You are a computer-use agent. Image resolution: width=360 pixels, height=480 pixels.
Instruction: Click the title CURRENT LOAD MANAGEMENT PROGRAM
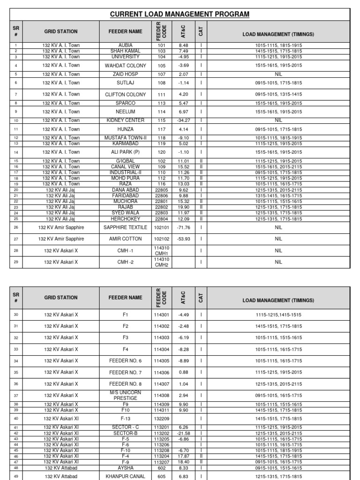pos(180,15)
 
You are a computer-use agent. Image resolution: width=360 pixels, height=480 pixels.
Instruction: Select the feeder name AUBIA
pos(125,45)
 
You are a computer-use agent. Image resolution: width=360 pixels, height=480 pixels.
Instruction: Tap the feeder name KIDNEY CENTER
pos(125,120)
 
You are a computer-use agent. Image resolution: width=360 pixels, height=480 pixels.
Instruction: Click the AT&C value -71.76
pos(183,227)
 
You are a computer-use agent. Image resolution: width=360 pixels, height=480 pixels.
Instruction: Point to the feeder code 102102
pos(161,239)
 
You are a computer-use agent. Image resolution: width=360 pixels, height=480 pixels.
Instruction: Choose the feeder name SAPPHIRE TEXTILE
pos(125,227)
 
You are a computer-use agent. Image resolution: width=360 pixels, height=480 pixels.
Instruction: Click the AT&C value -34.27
pos(183,120)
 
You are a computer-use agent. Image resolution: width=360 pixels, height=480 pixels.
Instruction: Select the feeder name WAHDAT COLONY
pos(125,66)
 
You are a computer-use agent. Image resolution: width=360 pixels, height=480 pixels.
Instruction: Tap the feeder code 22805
pos(161,190)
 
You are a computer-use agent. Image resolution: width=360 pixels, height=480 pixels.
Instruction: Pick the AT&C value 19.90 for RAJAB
pos(183,207)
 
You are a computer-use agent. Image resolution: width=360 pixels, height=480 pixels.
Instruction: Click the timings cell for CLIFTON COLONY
pos(278,94)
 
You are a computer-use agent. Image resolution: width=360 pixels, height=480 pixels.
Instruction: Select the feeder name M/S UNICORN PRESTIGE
pos(125,396)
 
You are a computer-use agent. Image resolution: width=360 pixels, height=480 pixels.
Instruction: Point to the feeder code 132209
pos(161,419)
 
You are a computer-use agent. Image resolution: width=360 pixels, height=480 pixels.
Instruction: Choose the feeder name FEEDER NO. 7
pos(125,372)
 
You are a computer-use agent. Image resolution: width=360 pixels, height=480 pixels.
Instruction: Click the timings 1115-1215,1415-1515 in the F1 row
pos(278,315)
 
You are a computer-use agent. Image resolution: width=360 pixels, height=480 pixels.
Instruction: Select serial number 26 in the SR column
pos(16,227)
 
